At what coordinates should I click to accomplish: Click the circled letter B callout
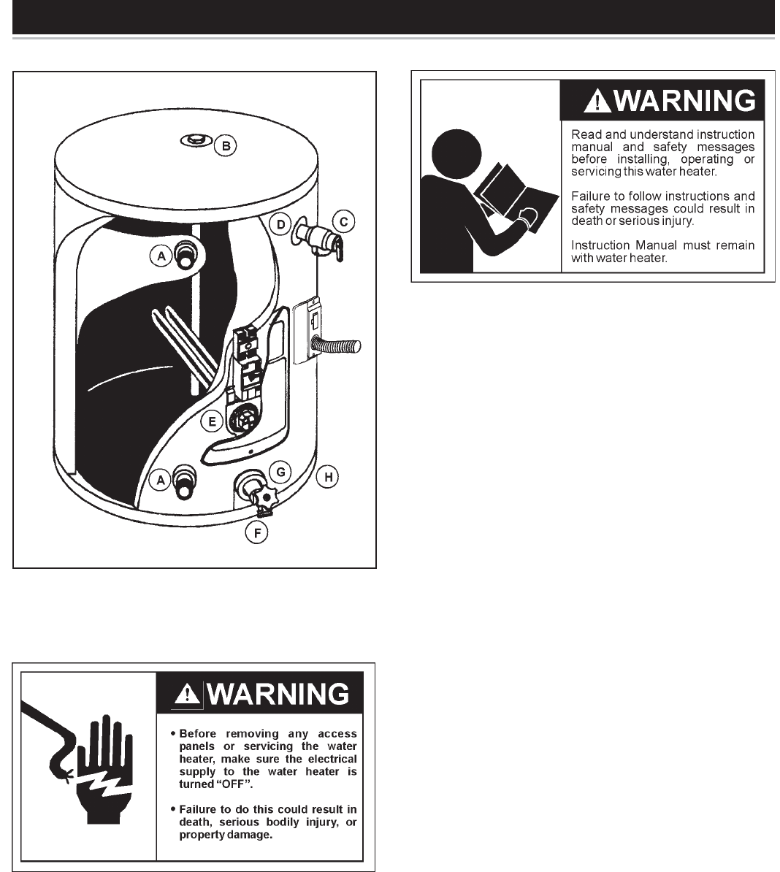click(226, 146)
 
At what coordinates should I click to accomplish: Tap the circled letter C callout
click(343, 222)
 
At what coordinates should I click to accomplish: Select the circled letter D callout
click(280, 224)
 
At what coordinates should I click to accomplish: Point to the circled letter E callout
click(212, 421)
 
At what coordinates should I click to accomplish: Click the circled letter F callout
click(257, 532)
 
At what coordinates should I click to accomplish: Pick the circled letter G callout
click(280, 472)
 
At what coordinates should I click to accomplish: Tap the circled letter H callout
click(328, 477)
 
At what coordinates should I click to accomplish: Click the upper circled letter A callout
click(161, 256)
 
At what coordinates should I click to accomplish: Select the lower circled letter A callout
click(161, 480)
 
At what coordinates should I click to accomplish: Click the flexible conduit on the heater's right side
click(337, 345)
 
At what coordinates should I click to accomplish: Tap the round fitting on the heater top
click(195, 139)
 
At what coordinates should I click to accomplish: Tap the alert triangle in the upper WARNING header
click(597, 101)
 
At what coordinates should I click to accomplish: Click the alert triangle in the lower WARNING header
click(188, 694)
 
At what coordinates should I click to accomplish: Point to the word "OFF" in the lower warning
click(234, 784)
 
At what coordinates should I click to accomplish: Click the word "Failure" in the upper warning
click(591, 196)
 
